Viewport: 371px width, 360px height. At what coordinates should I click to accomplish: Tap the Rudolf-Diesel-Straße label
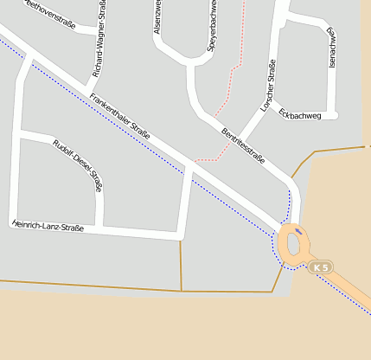78,164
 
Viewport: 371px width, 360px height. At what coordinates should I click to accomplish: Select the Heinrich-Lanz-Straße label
48,226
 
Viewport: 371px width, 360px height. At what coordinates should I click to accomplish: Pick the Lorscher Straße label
268,87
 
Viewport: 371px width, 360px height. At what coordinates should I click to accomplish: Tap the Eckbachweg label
302,115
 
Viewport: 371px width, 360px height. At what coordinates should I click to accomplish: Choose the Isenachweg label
330,48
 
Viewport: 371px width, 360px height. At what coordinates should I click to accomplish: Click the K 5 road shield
321,267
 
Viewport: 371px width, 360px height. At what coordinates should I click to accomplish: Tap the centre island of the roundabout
292,245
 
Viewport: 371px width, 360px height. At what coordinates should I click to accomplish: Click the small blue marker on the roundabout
298,231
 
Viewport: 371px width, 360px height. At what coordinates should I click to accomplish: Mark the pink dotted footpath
229,87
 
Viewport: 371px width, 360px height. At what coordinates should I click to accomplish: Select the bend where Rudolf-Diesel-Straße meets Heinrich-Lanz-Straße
100,228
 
